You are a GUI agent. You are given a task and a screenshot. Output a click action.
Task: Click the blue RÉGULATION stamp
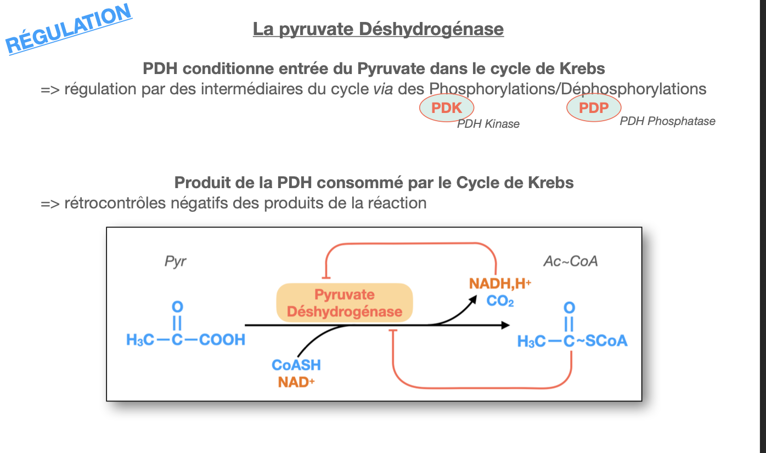69,29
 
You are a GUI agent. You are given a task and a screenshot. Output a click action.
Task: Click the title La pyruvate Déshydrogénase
378,29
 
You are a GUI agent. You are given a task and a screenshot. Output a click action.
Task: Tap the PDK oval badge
447,108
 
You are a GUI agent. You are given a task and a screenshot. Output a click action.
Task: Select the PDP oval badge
594,107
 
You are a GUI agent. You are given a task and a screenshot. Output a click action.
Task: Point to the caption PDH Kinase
488,124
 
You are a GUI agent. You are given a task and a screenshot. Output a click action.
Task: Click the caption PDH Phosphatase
667,121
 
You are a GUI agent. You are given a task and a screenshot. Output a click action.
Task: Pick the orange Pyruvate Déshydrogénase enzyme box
345,303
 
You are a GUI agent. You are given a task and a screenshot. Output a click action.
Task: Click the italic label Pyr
176,261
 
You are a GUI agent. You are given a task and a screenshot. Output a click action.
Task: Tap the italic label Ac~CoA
571,261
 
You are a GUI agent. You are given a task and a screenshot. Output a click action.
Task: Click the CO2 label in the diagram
500,301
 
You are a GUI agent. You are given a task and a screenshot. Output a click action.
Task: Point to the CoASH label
296,365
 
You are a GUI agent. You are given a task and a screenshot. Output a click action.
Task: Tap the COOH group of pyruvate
222,340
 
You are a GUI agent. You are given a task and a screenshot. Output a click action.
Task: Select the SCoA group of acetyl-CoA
606,341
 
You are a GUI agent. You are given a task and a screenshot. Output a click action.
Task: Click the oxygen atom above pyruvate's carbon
177,306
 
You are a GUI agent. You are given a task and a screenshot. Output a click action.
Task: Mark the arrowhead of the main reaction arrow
505,325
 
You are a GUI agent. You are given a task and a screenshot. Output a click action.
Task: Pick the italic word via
382,89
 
